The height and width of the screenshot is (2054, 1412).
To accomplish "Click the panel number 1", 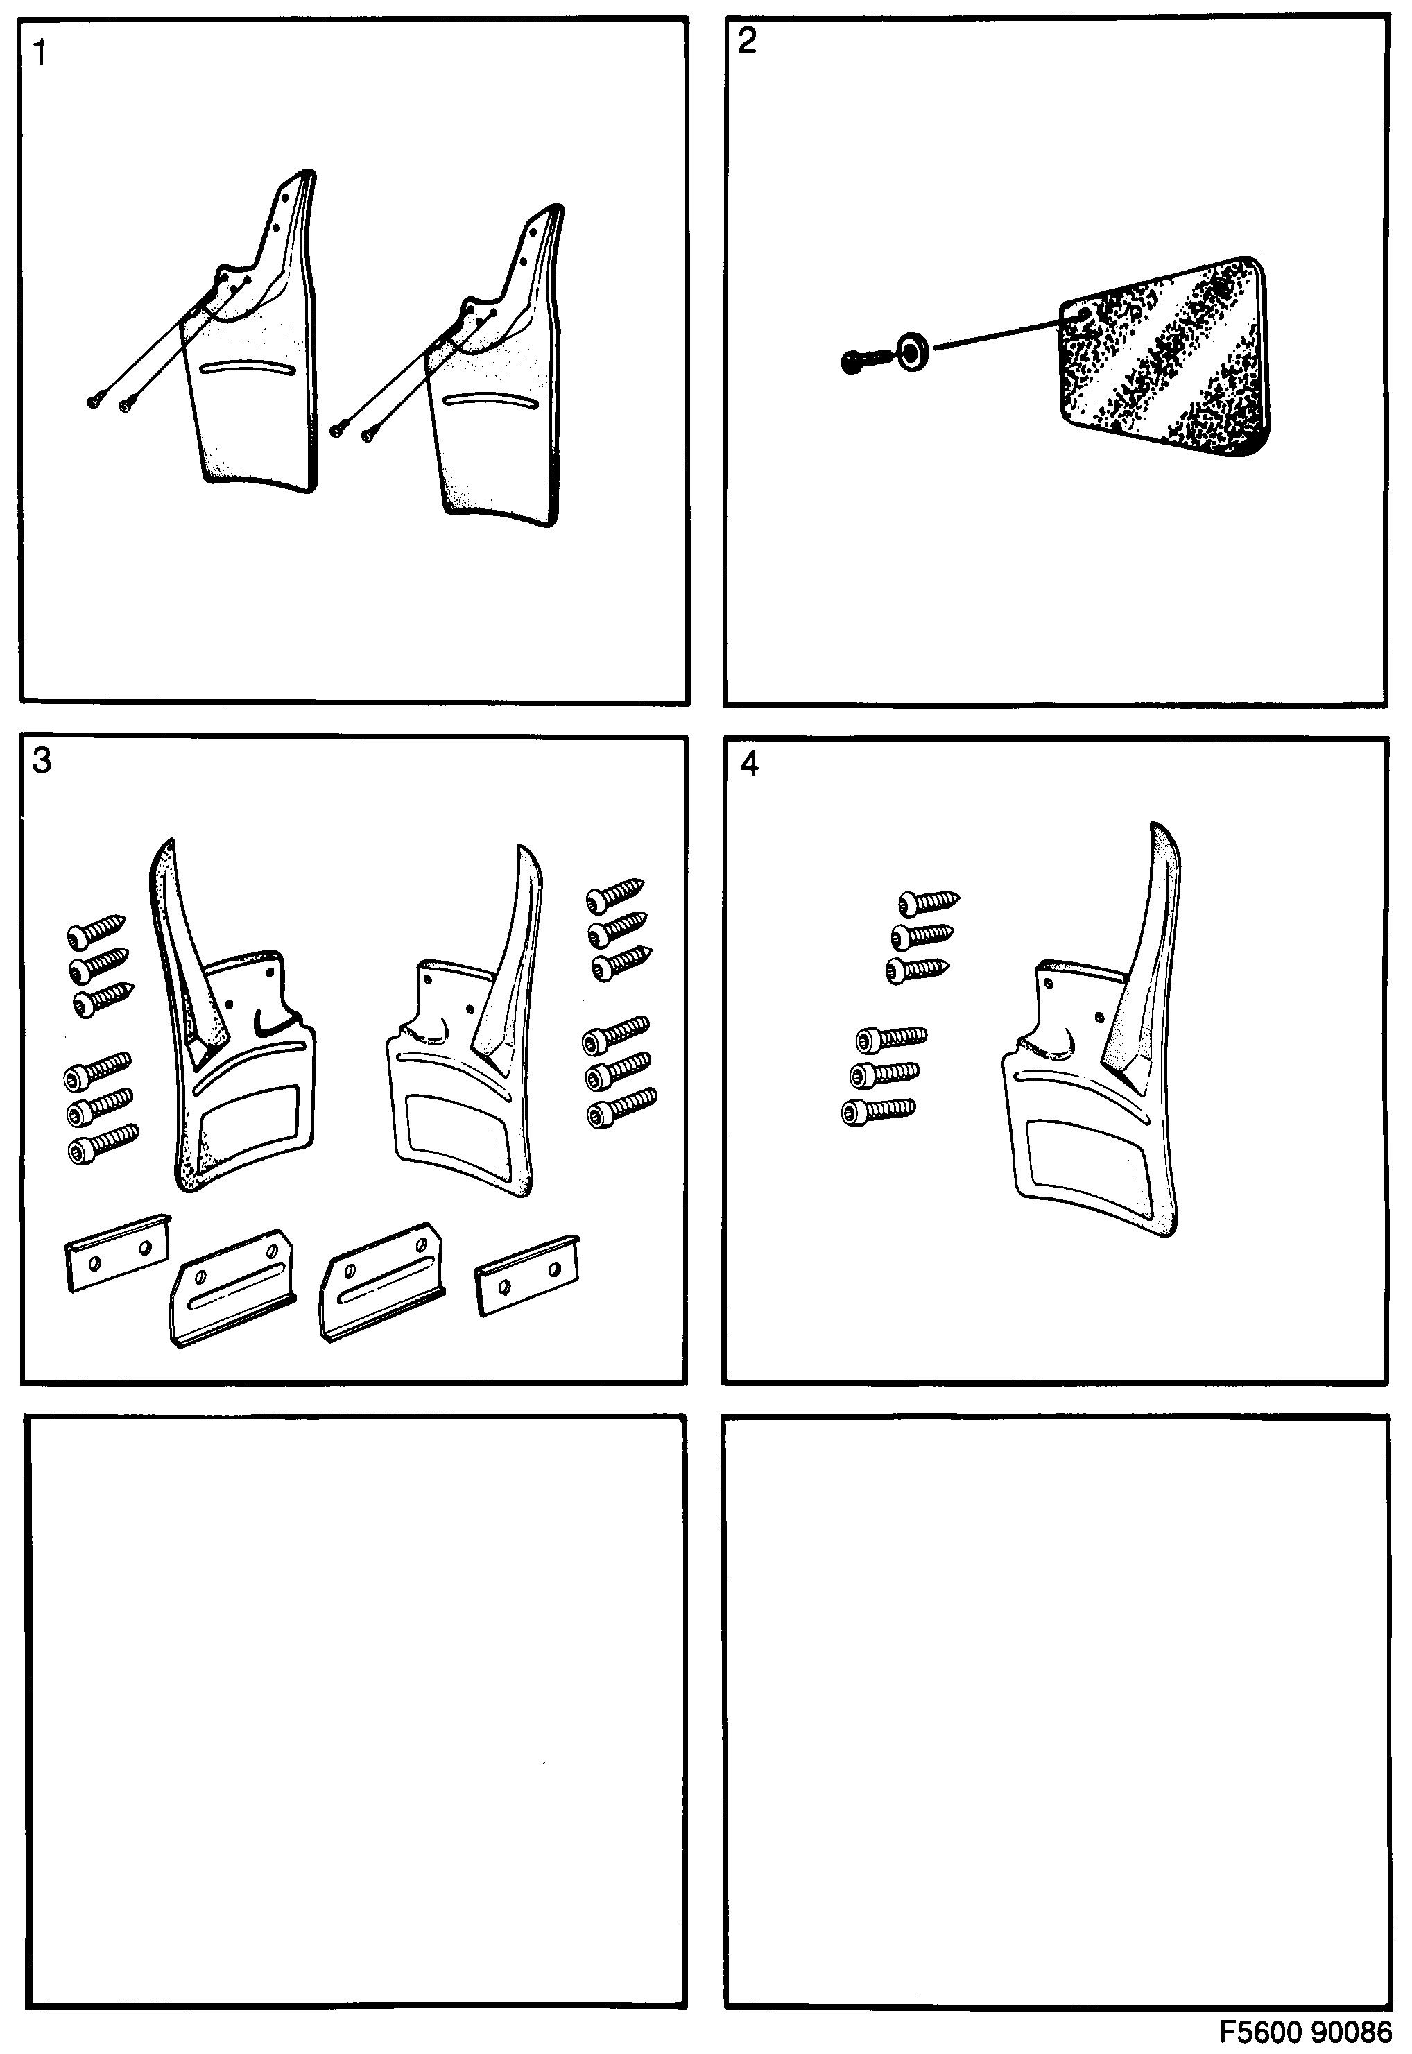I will [x=39, y=53].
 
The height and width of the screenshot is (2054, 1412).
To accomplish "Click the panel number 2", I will [x=747, y=42].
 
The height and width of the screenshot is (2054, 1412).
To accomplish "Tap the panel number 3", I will [x=42, y=760].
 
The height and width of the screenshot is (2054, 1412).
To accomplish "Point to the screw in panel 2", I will [x=864, y=360].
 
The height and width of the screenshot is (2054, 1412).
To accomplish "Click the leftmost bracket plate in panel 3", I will [x=118, y=1253].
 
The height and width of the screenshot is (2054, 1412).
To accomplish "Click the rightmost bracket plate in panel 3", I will [x=527, y=1275].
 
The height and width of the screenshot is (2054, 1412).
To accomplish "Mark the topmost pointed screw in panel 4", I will [x=928, y=902].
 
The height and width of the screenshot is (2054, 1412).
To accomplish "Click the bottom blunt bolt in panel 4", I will [x=877, y=1110].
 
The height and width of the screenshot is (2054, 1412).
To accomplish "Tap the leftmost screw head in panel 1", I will [x=93, y=402].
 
